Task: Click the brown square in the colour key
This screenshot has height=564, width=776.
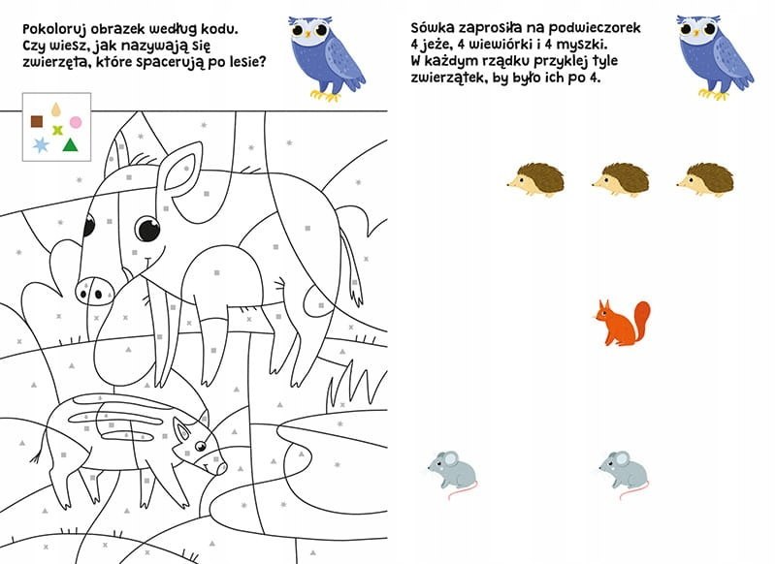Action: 37,121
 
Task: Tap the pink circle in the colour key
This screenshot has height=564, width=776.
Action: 76,122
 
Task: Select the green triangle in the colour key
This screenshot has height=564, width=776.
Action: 70,144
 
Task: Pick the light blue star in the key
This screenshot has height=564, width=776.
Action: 41,144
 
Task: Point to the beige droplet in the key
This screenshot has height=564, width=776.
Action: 56,110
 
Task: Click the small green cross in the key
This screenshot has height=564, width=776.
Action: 58,131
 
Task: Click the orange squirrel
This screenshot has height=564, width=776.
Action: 623,323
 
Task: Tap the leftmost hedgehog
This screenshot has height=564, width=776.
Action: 536,179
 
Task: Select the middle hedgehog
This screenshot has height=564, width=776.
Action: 621,179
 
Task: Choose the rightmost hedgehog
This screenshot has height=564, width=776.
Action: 705,179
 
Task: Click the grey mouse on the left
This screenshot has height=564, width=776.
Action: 453,474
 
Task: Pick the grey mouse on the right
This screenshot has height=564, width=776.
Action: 624,474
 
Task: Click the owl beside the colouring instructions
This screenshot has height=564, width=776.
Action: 325,58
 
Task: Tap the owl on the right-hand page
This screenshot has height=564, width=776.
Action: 714,57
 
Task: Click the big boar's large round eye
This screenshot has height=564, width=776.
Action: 148,229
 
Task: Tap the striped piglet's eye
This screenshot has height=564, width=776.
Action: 200,446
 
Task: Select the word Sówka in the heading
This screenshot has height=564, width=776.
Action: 429,27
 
